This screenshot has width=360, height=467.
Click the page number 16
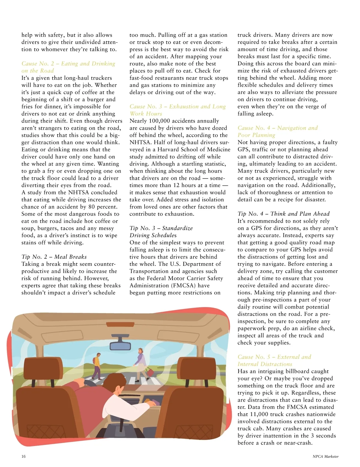[24, 457]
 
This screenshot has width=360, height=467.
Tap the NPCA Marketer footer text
[325, 457]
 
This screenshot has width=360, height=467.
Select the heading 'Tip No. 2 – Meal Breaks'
[54, 257]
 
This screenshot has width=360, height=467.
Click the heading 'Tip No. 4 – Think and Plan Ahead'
[283, 214]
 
